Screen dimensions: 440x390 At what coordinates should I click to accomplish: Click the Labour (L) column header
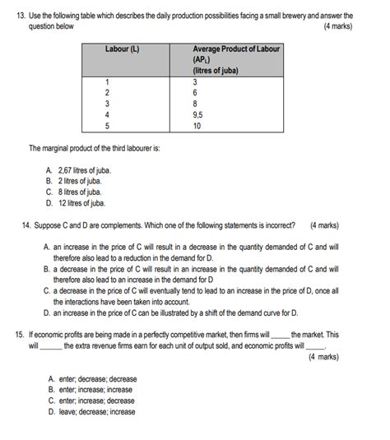click(122, 49)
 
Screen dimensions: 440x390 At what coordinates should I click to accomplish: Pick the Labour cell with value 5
click(107, 126)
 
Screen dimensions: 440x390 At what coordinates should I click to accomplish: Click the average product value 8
click(195, 104)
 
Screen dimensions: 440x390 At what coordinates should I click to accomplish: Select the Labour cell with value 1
click(107, 82)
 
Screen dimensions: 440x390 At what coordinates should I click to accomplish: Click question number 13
click(22, 16)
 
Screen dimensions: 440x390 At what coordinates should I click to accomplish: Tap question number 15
click(20, 336)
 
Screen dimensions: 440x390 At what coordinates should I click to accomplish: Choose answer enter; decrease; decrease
click(92, 379)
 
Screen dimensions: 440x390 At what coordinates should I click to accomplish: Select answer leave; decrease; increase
click(91, 411)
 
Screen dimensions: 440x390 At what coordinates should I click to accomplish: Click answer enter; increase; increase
click(90, 390)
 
